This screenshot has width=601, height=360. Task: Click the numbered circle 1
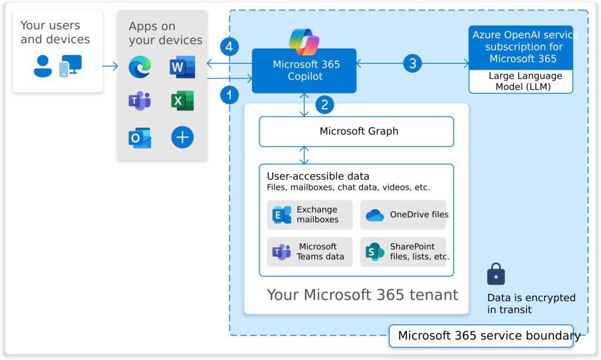pos(229,94)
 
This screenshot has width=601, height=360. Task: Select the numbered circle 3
pos(413,63)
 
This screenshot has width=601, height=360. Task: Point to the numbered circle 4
pos(229,46)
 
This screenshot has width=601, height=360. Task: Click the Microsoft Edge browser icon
pos(140,68)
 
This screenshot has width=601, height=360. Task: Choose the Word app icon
pos(182,68)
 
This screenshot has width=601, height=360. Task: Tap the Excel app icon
pos(182,102)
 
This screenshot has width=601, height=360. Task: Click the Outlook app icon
pos(140,137)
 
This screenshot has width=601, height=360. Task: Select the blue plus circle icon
pos(182,137)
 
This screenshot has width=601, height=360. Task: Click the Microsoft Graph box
pos(356,132)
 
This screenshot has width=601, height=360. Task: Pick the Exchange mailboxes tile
pos(310,214)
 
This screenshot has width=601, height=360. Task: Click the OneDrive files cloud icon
pos(374,215)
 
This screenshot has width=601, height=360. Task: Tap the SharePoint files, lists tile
pos(403,252)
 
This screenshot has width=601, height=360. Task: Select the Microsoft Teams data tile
pos(310,252)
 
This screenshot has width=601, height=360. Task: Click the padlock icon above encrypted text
pos(496,274)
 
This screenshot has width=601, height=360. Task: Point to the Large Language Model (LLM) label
pos(521,82)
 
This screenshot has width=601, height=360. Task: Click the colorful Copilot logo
pos(303,42)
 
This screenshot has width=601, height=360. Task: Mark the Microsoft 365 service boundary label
pos(481,336)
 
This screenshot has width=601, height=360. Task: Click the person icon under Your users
pos(43,66)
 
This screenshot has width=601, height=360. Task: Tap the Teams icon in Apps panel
pos(140,102)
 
